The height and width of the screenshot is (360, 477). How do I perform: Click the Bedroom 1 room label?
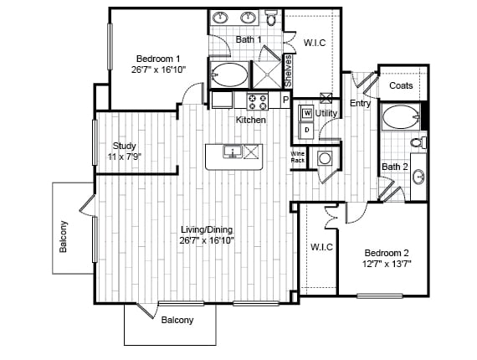pyautogui.click(x=158, y=59)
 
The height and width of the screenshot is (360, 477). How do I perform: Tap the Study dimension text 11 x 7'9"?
pyautogui.click(x=125, y=157)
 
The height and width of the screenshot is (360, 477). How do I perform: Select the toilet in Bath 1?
pyautogui.click(x=270, y=18)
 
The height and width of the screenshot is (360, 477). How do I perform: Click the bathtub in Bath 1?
pyautogui.click(x=229, y=75)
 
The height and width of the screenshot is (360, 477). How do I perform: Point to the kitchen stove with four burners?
pyautogui.click(x=258, y=101)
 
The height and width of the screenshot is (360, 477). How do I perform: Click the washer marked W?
pyautogui.click(x=308, y=113)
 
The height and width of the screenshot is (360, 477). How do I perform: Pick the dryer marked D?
pyautogui.click(x=307, y=131)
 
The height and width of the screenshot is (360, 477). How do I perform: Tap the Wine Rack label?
pyautogui.click(x=298, y=157)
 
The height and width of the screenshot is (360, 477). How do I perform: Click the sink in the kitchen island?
pyautogui.click(x=233, y=152)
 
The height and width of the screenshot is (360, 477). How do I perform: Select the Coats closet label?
pyautogui.click(x=401, y=85)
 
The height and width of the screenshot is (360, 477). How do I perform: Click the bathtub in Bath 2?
pyautogui.click(x=401, y=117)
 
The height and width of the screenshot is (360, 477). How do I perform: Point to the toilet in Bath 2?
pyautogui.click(x=418, y=142)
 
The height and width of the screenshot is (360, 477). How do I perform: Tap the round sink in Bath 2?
pyautogui.click(x=419, y=176)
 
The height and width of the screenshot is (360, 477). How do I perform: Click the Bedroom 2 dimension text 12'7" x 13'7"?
pyautogui.click(x=387, y=264)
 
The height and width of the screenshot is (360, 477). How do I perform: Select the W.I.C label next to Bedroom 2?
pyautogui.click(x=321, y=247)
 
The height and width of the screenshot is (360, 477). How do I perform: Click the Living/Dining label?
pyautogui.click(x=207, y=229)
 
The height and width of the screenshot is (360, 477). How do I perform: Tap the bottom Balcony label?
pyautogui.click(x=177, y=320)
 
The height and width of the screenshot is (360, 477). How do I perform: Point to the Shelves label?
pyautogui.click(x=288, y=71)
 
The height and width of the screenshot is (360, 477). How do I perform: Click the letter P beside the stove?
pyautogui.click(x=285, y=100)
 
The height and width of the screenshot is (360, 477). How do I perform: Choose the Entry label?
pyautogui.click(x=360, y=104)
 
